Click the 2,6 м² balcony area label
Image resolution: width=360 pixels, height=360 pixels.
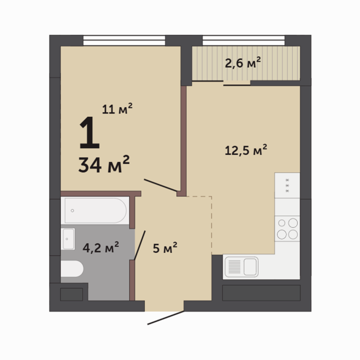coord(243,62)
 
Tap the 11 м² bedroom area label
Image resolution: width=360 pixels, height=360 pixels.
coord(117,109)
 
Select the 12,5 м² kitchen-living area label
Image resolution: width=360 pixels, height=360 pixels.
coord(246,150)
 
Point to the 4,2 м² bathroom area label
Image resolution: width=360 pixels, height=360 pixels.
coord(101,247)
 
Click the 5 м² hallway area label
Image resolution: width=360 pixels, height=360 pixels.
coord(165,247)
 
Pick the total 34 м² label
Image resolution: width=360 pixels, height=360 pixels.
coord(104,164)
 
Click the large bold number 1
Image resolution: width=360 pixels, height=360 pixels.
coord(90,133)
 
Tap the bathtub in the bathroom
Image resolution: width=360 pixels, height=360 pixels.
coord(95,210)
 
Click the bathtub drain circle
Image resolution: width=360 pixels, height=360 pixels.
coord(72,210)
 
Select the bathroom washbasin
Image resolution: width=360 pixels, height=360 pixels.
coord(68,239)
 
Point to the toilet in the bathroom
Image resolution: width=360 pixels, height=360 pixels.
coord(72,269)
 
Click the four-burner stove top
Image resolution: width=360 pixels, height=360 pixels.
coord(287,229)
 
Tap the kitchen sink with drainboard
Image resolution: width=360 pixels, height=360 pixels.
coord(241,267)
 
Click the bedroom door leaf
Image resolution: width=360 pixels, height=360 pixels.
coord(160,185)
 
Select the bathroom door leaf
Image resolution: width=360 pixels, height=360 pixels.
coord(140,245)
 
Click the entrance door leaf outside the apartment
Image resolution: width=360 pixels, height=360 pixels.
coord(165,318)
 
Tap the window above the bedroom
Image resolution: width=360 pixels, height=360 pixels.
coord(124,41)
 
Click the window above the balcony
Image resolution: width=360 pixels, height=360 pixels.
coord(244,41)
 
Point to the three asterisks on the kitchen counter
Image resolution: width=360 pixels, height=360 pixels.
coord(287,185)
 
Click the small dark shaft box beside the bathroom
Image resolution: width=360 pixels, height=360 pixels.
coord(71,294)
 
